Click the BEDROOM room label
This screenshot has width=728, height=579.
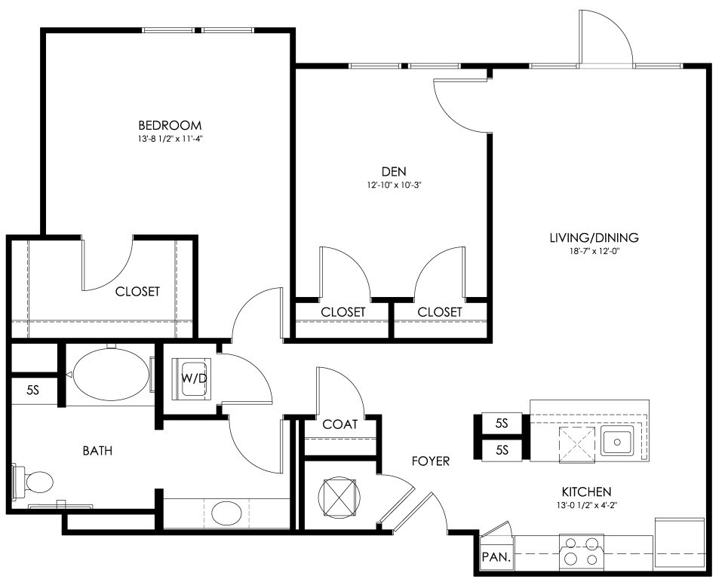tap(170, 125)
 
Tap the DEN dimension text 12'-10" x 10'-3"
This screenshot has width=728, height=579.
tap(394, 185)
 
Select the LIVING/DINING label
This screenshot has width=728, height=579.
tap(594, 238)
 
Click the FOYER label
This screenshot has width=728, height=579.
tap(431, 461)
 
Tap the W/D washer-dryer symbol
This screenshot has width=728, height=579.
tap(192, 378)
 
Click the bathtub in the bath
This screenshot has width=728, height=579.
tap(110, 375)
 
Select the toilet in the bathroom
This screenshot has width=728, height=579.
tap(32, 482)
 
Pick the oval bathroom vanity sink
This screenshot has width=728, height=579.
tap(226, 513)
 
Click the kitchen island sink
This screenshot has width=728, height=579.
tap(616, 441)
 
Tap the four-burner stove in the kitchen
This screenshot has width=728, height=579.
tap(582, 550)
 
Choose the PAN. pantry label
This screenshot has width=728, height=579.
tap(496, 556)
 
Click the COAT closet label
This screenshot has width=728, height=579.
tap(339, 424)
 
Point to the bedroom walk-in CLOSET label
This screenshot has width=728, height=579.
tap(137, 291)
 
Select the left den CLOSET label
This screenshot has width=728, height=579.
tap(343, 312)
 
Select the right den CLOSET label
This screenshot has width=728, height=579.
tap(440, 312)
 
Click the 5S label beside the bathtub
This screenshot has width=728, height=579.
tap(32, 391)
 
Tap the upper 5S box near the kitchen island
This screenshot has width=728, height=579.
tap(502, 423)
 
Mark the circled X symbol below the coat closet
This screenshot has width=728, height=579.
tap(339, 498)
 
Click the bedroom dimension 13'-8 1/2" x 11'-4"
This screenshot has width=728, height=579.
tap(170, 138)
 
